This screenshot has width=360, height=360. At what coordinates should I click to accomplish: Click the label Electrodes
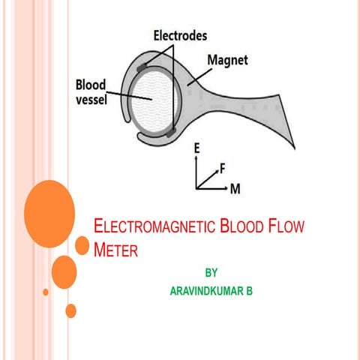[x=181, y=35]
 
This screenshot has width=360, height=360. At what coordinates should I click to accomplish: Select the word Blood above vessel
[x=91, y=84]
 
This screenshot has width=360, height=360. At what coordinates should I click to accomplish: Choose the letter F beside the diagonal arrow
[x=223, y=169]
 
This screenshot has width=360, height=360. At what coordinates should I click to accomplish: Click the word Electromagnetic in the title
[x=152, y=226]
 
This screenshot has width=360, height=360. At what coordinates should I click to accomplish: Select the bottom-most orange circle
[x=71, y=310]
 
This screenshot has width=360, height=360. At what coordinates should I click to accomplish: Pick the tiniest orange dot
[x=46, y=291]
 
